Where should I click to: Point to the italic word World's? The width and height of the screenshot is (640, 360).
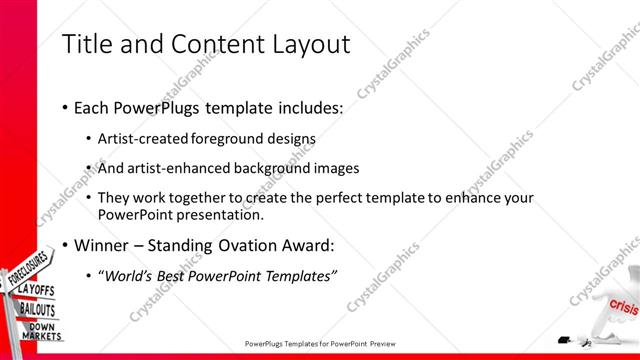128,275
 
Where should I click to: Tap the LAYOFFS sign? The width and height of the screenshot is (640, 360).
37,291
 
